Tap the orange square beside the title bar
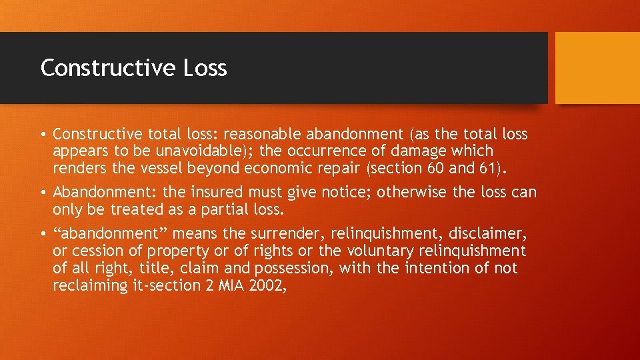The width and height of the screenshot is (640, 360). coord(597,68)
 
